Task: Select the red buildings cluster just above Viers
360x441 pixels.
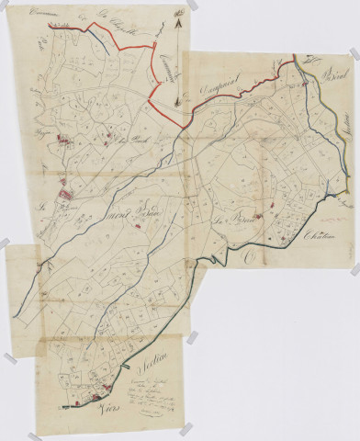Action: pyautogui.click(x=88, y=399)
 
